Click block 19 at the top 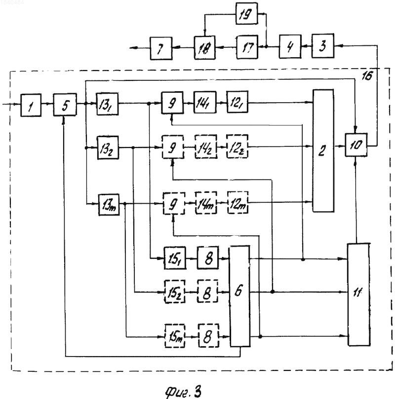(246, 13)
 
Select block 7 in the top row (161, 48)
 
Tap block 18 (204, 48)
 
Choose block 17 (247, 47)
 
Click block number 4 (290, 46)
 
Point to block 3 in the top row (323, 46)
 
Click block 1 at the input (31, 105)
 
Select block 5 (65, 105)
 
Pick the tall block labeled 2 (323, 150)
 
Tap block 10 (356, 145)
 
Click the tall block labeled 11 (358, 294)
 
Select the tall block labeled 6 (239, 296)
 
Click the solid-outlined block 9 (172, 103)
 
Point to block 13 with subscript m (109, 205)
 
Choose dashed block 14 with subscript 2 (206, 147)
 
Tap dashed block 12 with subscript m (237, 203)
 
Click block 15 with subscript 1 (175, 258)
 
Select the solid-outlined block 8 (208, 258)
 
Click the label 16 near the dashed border (367, 76)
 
